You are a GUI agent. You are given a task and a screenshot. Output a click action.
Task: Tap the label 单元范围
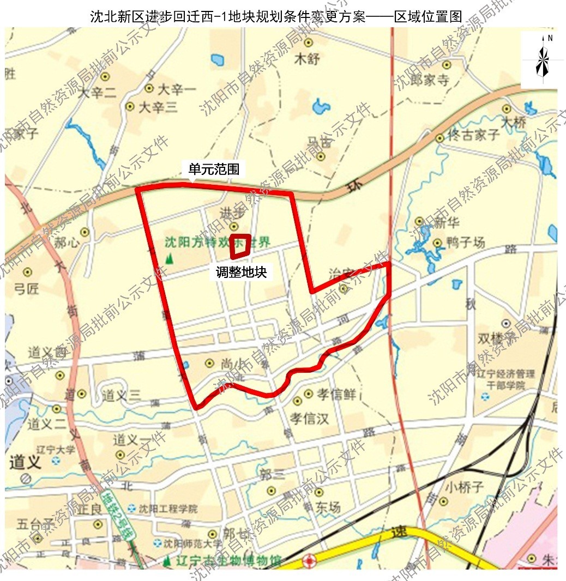tap(214, 170)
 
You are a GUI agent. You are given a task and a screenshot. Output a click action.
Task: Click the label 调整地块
tap(241, 272)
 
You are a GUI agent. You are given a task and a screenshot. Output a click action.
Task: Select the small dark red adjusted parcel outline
tap(240, 246)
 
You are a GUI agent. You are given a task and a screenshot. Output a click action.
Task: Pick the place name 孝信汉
tap(309, 419)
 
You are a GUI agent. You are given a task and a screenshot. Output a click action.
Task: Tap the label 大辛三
tap(158, 107)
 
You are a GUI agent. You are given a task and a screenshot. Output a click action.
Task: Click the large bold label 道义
tap(26, 463)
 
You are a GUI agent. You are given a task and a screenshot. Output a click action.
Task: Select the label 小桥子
tap(465, 487)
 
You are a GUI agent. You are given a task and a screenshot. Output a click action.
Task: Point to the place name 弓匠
tap(26, 288)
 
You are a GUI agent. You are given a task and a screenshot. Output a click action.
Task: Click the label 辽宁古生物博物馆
tap(228, 560)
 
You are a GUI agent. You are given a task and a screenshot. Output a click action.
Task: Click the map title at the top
tap(276, 17)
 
